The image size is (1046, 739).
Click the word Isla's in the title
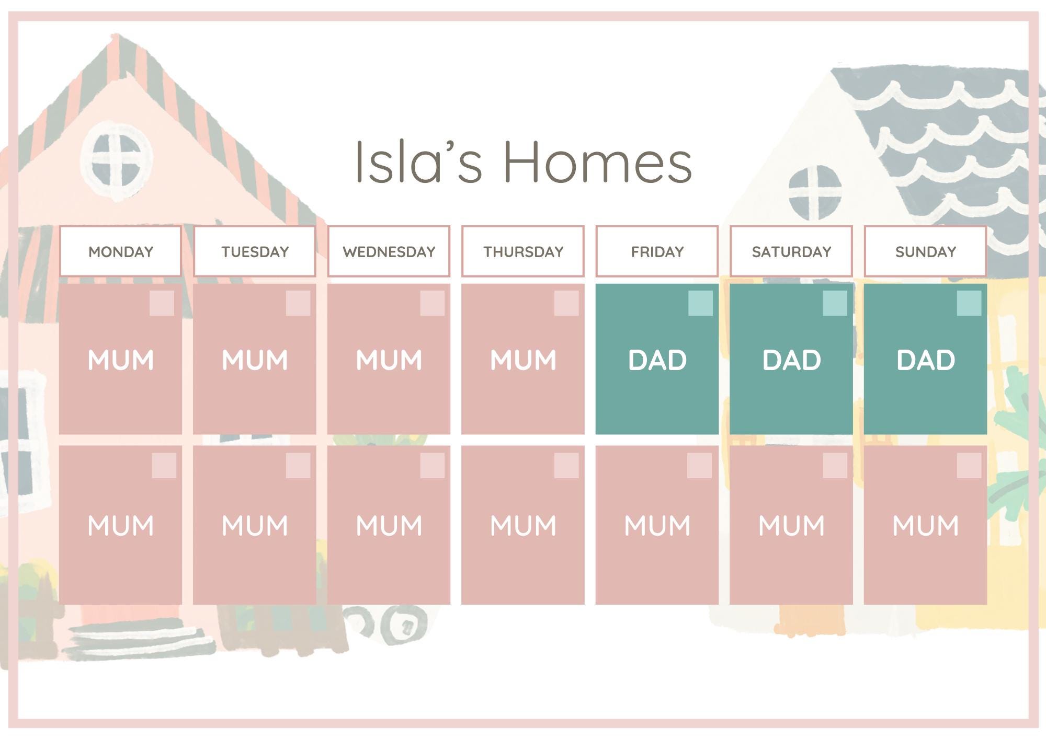pyautogui.click(x=417, y=162)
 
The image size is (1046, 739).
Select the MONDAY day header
pyautogui.click(x=121, y=251)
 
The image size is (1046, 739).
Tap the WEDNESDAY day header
pyautogui.click(x=389, y=251)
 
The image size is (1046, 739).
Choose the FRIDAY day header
pyautogui.click(x=657, y=251)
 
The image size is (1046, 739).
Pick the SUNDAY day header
pyautogui.click(x=925, y=251)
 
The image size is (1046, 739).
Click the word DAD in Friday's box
pyautogui.click(x=657, y=360)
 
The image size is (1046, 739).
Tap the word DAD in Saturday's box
pyautogui.click(x=791, y=360)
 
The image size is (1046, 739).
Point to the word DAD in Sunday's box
pyautogui.click(x=925, y=360)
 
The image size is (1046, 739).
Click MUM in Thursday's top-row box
pyautogui.click(x=523, y=360)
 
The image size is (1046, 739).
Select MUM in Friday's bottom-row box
pyautogui.click(x=657, y=525)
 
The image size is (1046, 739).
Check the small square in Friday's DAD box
pyautogui.click(x=700, y=303)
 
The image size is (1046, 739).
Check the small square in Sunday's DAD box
pyautogui.click(x=969, y=303)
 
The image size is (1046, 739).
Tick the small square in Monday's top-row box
pyautogui.click(x=162, y=303)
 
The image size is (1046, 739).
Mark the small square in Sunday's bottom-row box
pyautogui.click(x=969, y=465)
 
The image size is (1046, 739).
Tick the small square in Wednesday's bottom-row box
pyautogui.click(x=432, y=465)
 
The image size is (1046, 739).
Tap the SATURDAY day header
pyautogui.click(x=791, y=251)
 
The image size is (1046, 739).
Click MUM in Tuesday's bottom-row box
pyautogui.click(x=255, y=525)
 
